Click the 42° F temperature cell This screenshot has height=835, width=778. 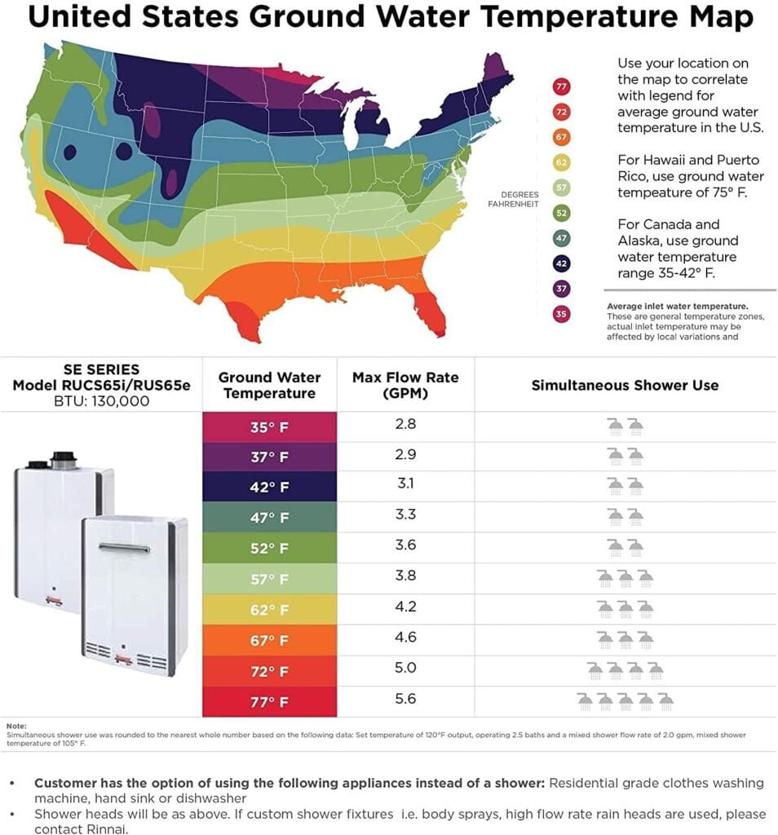[x=269, y=488]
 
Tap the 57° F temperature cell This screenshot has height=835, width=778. [x=269, y=580]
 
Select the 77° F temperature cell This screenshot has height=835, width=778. [x=269, y=702]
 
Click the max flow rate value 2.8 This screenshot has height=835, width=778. [x=405, y=425]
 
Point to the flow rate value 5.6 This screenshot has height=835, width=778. [x=405, y=700]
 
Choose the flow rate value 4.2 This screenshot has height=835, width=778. [x=405, y=607]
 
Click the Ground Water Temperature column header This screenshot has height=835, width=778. [x=269, y=385]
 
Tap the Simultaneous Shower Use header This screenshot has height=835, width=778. [x=625, y=385]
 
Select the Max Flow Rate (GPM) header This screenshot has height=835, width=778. [x=405, y=385]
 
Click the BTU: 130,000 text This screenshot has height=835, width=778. [x=101, y=400]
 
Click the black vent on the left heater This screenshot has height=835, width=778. [x=63, y=459]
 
